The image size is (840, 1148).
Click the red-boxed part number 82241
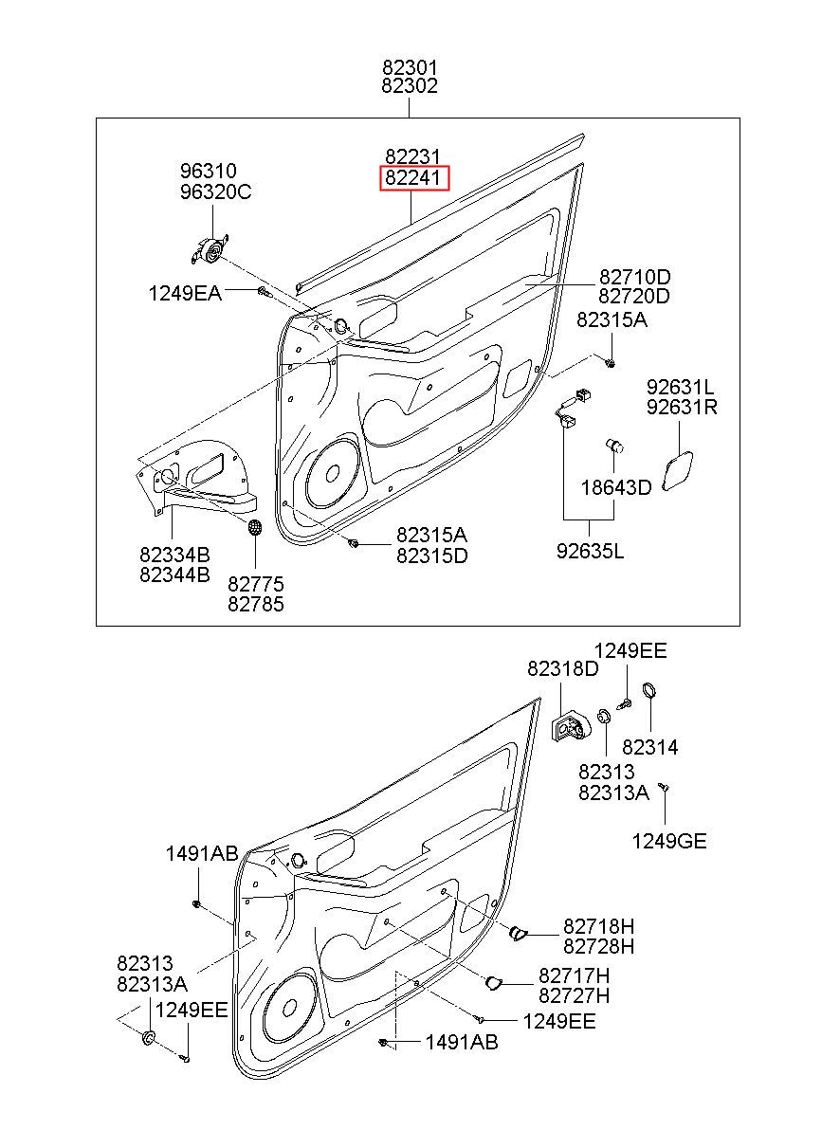413,177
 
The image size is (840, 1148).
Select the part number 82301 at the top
410,67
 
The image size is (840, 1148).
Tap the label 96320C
216,191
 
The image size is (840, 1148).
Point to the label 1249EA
185,294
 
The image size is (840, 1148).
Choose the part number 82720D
634,296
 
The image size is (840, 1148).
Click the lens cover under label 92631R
677,471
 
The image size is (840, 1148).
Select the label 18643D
615,487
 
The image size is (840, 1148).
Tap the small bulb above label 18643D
614,446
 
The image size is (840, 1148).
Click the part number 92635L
590,551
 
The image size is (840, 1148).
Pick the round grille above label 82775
255,527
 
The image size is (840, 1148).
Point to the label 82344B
174,574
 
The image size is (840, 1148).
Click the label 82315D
432,556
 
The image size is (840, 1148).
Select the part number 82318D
563,668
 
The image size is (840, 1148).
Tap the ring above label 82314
649,690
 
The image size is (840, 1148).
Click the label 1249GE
668,841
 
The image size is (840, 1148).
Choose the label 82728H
598,946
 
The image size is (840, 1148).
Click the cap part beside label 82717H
493,982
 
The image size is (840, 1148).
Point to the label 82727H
574,995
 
